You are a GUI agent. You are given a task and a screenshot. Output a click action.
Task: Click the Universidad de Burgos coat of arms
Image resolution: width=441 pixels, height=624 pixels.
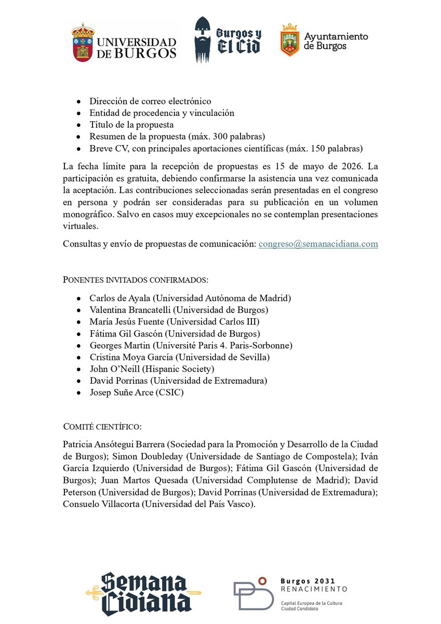[83, 42]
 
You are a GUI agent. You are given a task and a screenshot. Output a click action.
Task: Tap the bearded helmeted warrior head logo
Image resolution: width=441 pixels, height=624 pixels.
[204, 40]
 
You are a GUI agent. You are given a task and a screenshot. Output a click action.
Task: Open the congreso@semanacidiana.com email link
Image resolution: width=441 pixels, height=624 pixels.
[318, 243]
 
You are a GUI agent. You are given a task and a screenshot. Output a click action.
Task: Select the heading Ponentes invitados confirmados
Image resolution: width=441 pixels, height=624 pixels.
[136, 280]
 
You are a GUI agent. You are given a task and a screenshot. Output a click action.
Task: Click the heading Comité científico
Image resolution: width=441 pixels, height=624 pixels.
[102, 427]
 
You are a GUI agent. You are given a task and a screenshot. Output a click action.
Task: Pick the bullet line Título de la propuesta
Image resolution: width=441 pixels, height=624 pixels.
[131, 125]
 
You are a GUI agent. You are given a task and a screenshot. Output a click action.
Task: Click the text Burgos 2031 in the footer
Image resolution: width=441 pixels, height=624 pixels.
[308, 581]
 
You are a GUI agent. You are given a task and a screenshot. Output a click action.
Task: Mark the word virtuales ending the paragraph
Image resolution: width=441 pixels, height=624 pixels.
[81, 226]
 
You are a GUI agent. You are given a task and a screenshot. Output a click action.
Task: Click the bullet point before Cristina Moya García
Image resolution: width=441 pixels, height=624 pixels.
[78, 358]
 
